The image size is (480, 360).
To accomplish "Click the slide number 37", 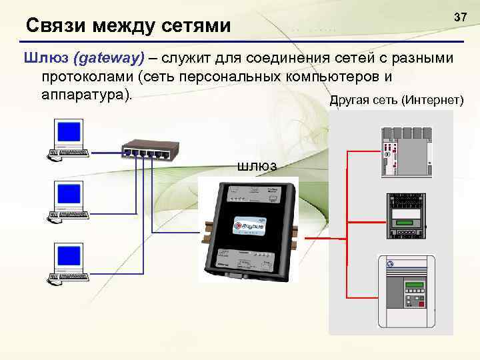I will (x=460, y=15).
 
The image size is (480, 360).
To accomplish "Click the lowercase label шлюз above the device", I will (x=257, y=165).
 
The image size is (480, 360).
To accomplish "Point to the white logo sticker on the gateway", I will (x=249, y=225).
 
